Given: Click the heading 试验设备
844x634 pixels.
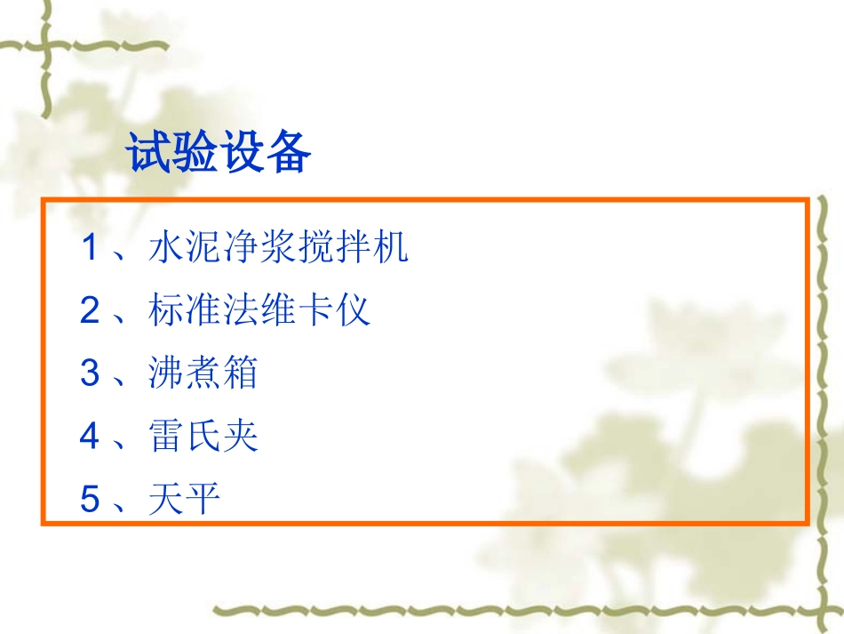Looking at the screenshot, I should pyautogui.click(x=219, y=153).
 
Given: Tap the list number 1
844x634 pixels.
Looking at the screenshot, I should pyautogui.click(x=89, y=248).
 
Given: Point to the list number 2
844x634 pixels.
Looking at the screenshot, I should pyautogui.click(x=89, y=310).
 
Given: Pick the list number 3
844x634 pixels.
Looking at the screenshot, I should pyautogui.click(x=89, y=373).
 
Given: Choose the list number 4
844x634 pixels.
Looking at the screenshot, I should pyautogui.click(x=89, y=437).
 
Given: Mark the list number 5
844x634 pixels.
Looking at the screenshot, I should pyautogui.click(x=89, y=500).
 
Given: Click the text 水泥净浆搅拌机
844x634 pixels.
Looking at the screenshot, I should pyautogui.click(x=278, y=248).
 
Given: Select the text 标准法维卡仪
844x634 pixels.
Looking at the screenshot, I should pyautogui.click(x=259, y=310).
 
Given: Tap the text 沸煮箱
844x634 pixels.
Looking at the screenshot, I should pyautogui.click(x=203, y=373).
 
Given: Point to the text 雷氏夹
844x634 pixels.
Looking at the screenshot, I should pyautogui.click(x=203, y=437).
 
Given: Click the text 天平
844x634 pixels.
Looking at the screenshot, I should pyautogui.click(x=185, y=500).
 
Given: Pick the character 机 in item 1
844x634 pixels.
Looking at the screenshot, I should pyautogui.click(x=390, y=248).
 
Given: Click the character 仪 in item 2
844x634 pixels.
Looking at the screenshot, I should pyautogui.click(x=353, y=310).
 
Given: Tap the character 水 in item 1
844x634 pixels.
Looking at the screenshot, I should pyautogui.click(x=167, y=248).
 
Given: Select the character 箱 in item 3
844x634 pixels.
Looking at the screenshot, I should pyautogui.click(x=241, y=373).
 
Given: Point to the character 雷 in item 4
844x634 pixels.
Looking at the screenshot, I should pyautogui.click(x=167, y=437).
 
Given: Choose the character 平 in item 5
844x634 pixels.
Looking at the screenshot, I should pyautogui.click(x=203, y=500).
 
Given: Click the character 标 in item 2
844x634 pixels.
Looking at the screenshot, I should pyautogui.click(x=167, y=310).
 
